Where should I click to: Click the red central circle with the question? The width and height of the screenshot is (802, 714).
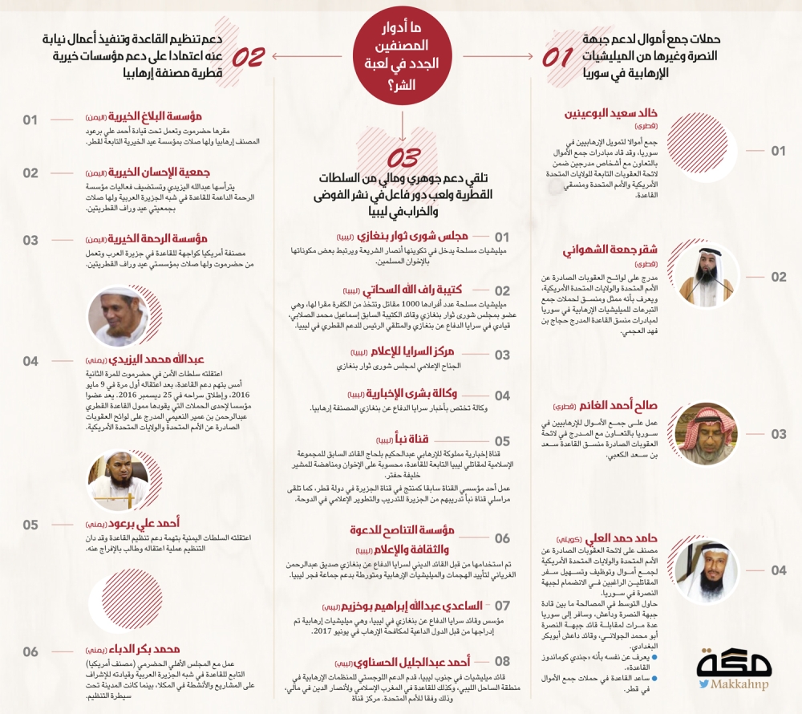point(400,57)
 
